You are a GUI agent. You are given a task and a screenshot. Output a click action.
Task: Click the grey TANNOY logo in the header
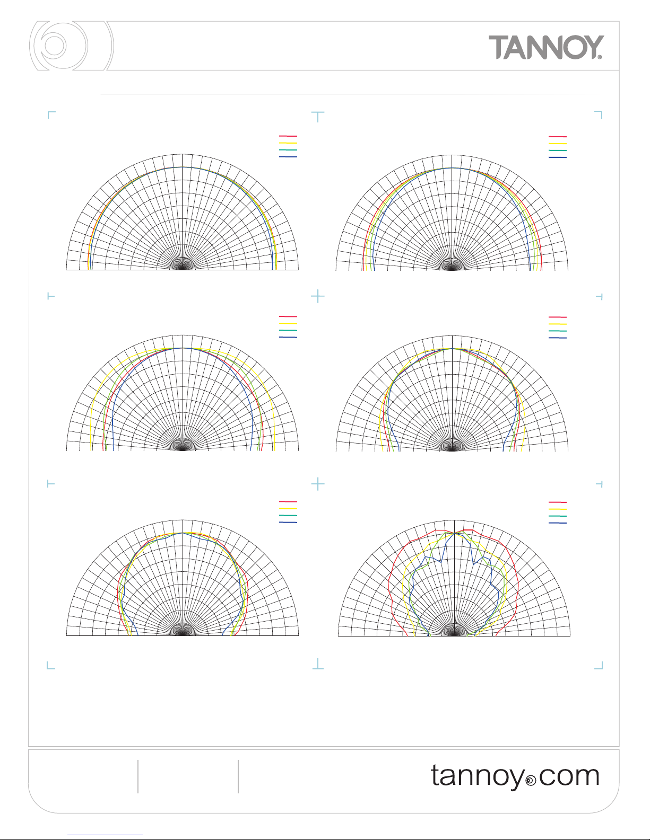point(546,47)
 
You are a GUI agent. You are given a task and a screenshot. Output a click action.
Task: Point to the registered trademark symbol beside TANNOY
point(600,57)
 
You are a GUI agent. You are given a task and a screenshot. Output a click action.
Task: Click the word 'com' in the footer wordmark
point(569,776)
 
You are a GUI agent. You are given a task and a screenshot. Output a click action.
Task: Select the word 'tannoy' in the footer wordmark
point(478,777)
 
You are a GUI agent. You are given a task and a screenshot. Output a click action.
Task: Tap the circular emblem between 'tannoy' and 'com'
point(531,781)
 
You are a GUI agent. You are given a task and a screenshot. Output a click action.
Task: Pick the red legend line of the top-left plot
point(288,136)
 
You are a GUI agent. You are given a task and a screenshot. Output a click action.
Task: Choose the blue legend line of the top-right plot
point(558,157)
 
